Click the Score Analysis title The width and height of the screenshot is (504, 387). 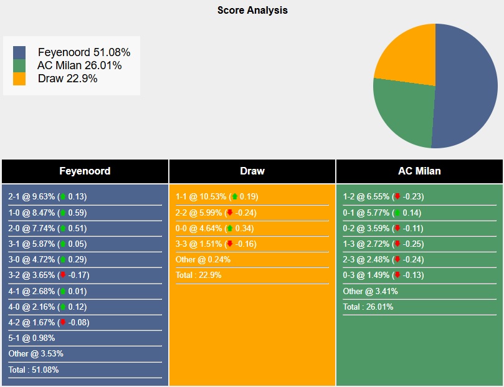coord(252,10)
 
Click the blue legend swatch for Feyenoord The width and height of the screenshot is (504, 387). coord(19,52)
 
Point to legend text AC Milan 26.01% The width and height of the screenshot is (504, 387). coord(79,65)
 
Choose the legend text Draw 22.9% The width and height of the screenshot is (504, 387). coord(67,79)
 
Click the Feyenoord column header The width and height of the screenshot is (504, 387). coord(85,171)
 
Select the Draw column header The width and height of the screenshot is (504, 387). coord(252,171)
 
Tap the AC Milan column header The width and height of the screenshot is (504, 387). coord(419,171)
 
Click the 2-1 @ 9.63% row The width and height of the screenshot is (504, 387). coord(47,196)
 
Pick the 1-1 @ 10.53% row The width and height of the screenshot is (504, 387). coord(217,196)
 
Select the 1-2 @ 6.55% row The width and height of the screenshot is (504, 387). coord(383,196)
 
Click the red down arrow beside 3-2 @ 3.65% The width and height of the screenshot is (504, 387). coord(62,275)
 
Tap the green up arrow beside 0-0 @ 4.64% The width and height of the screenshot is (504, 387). coord(230,228)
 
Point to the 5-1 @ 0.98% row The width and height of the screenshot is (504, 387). coord(32,338)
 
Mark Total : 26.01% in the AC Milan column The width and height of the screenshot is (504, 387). coord(368,307)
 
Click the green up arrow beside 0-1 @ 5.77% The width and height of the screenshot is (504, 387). coord(396,213)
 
